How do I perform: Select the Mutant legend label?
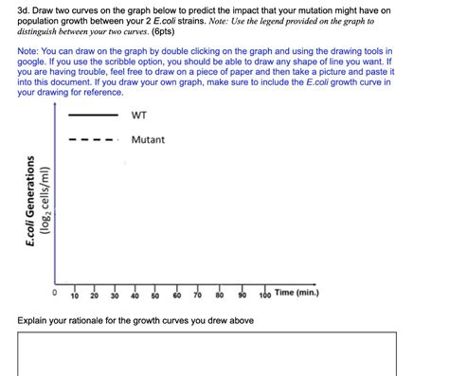[148, 140]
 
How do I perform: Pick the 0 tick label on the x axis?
[54, 295]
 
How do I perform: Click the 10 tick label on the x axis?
[74, 295]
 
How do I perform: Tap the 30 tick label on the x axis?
[116, 295]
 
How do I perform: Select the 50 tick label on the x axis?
[155, 295]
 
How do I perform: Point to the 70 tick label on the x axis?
[198, 295]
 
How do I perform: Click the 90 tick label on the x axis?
[242, 295]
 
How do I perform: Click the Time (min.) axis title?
[296, 293]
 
